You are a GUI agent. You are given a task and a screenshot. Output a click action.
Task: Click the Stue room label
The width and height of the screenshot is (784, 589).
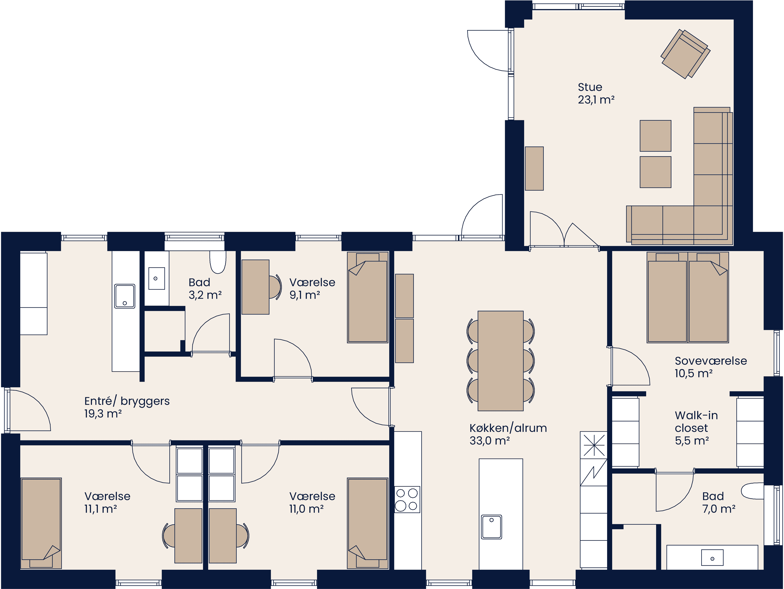pos(590,87)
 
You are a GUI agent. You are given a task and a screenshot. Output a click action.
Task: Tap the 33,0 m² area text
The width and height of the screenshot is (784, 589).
pos(490,441)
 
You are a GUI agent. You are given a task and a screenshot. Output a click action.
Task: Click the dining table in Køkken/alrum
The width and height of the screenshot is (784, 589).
pos(500,361)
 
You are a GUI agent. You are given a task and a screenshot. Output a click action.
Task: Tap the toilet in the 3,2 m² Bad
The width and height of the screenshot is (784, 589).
pos(218,262)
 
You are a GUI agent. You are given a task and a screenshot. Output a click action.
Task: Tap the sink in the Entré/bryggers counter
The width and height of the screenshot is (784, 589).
pos(124,296)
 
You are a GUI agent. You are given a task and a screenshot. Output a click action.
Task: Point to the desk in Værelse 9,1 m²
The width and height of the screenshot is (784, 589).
pos(255,287)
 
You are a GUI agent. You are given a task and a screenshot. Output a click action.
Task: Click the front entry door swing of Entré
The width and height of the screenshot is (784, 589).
pos(28,411)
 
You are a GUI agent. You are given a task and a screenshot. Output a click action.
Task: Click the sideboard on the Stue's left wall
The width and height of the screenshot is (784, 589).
pos(534,169)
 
